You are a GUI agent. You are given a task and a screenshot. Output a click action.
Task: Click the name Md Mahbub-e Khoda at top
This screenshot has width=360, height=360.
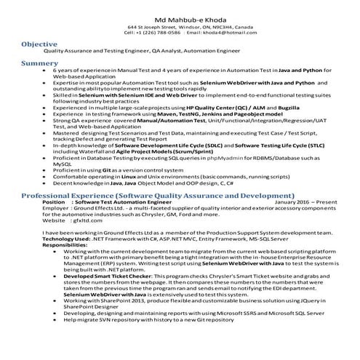(x=180, y=17)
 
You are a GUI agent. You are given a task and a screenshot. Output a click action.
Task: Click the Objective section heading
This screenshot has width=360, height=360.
(x=40, y=44)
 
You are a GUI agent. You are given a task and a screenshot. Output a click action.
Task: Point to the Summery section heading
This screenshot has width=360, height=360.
(x=39, y=64)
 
